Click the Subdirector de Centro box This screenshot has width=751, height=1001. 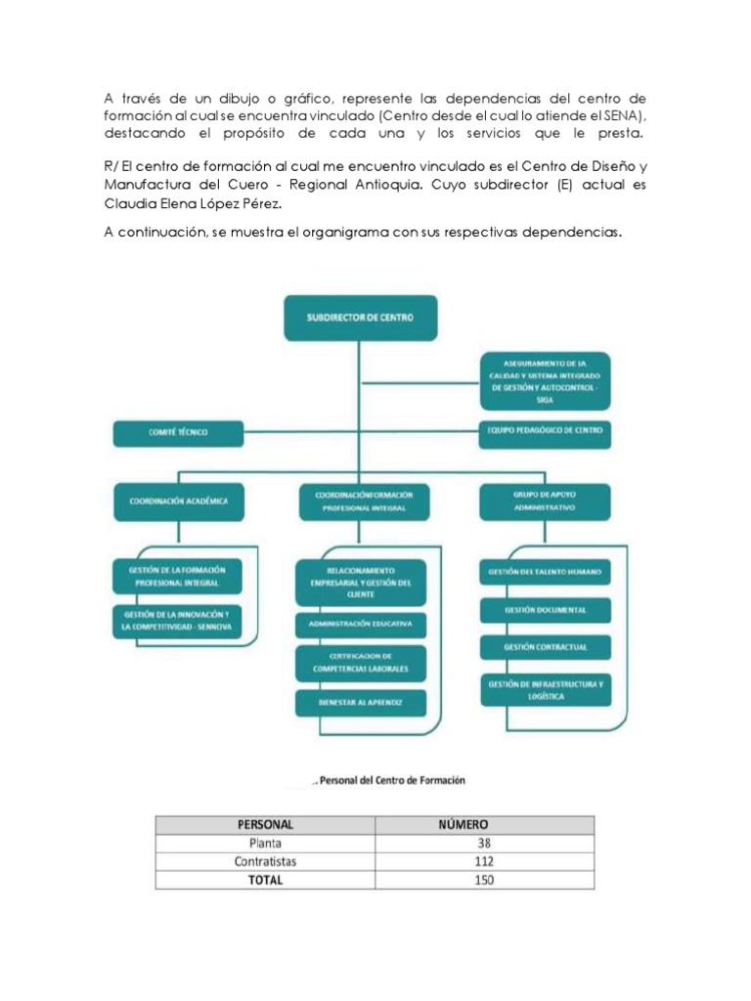(361, 318)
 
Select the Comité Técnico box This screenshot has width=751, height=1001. (177, 431)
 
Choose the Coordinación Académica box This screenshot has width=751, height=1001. (178, 501)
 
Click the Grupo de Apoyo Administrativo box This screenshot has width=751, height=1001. (545, 501)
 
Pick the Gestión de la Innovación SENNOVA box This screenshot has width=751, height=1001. (177, 620)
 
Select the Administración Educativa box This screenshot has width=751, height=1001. (360, 622)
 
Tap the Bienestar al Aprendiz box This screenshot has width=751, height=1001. (360, 702)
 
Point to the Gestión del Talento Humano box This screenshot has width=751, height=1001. (545, 571)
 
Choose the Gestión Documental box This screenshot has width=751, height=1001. (545, 610)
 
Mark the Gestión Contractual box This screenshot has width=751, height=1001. (545, 647)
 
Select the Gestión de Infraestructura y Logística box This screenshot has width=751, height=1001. (545, 691)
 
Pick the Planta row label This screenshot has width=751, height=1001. (265, 843)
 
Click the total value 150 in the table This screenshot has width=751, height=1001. (483, 880)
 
